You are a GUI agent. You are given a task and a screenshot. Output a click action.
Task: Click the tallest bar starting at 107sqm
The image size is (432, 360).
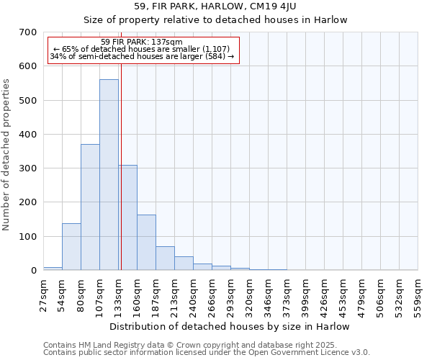pyautogui.click(x=109, y=175)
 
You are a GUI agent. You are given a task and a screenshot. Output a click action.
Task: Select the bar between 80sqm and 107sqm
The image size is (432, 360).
pyautogui.click(x=90, y=207)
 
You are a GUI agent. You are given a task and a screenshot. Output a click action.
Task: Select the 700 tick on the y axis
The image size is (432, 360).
pyautogui.click(x=28, y=32)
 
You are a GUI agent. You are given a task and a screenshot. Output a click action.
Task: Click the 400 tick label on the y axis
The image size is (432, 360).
pyautogui.click(x=28, y=135)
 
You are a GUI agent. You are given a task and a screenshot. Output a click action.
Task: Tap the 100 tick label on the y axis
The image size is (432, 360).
pyautogui.click(x=28, y=237)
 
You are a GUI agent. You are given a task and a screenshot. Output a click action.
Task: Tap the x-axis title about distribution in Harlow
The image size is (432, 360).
pyautogui.click(x=230, y=327)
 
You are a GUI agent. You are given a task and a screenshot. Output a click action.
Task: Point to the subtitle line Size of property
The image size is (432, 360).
pyautogui.click(x=215, y=19)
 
